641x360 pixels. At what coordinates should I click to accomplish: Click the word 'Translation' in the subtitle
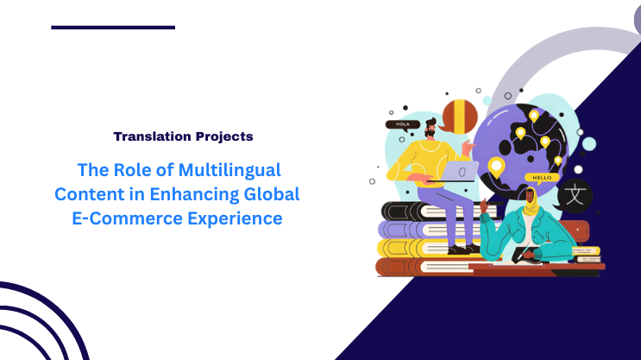tap(148, 136)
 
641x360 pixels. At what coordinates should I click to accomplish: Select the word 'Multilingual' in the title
tap(235, 169)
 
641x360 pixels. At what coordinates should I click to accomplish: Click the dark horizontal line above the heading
tap(113, 27)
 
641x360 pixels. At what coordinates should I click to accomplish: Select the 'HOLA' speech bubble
tap(403, 124)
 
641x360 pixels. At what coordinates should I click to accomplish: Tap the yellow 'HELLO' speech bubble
tap(542, 178)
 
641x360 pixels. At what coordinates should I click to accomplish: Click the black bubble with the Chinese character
tap(574, 195)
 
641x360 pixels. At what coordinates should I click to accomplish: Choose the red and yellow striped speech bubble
tap(459, 117)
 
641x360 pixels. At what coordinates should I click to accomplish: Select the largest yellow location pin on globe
tap(496, 166)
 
